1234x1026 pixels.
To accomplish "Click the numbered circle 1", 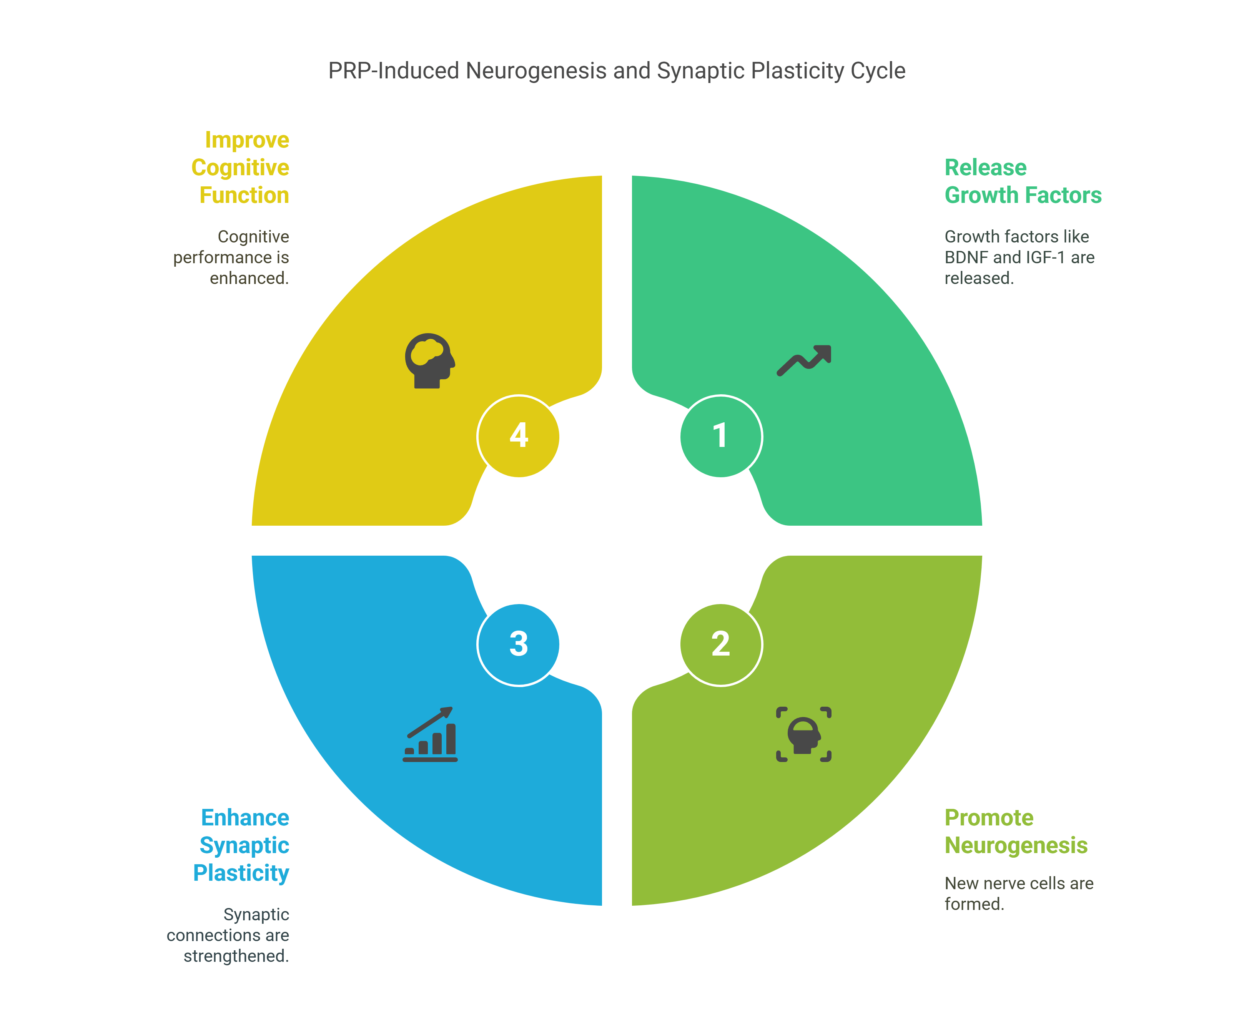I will [x=720, y=437].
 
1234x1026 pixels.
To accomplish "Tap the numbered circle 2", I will [x=720, y=644].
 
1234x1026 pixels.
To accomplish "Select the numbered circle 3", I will [x=518, y=644].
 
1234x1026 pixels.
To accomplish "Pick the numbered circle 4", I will [x=518, y=437].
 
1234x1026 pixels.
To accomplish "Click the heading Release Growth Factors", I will [x=1023, y=181].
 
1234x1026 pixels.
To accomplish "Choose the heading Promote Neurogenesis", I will [x=1015, y=831].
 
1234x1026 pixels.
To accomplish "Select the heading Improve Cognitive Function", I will [x=241, y=168].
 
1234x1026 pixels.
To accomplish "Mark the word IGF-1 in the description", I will [x=1045, y=257].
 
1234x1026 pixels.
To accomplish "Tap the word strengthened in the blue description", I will [x=236, y=956].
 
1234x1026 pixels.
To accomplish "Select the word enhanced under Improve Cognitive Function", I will [x=249, y=278].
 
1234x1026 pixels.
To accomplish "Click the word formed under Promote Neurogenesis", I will [x=974, y=904].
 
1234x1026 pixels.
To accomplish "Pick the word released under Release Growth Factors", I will [x=978, y=278].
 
